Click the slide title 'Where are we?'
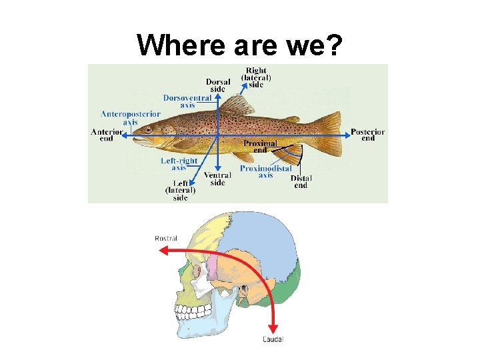point(239,45)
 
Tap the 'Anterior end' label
point(107,134)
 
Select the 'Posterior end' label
point(367,135)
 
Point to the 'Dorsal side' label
point(218,85)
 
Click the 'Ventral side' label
point(217,179)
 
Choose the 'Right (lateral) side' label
point(256,77)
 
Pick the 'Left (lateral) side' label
point(180,191)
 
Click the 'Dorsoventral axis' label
point(187,101)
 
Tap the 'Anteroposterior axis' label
point(131,117)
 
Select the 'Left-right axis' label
point(179,164)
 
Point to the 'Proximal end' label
point(260,147)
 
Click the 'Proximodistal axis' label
point(265,171)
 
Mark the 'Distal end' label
point(301,181)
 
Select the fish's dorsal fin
point(236,105)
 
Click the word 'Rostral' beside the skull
point(165,238)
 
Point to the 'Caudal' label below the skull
point(273,339)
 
